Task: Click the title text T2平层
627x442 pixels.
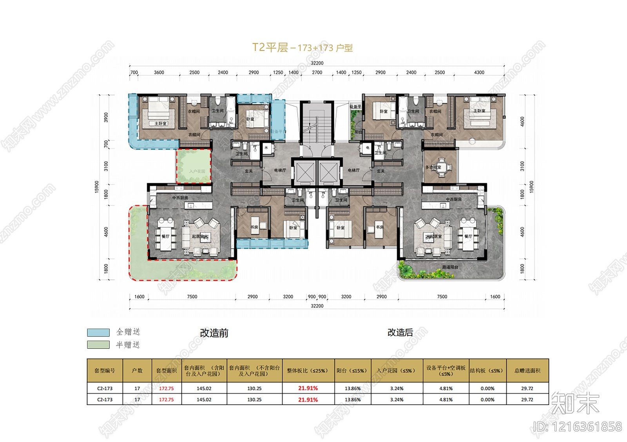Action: click(270, 47)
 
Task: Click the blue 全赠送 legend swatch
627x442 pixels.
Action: click(98, 332)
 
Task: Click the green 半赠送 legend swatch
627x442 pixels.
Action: click(98, 345)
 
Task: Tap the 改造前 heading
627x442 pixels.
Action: click(214, 333)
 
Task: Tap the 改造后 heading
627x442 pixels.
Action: click(400, 333)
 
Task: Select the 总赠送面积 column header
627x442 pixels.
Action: click(527, 371)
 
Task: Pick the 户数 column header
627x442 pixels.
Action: click(137, 371)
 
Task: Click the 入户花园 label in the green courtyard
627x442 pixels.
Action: click(197, 171)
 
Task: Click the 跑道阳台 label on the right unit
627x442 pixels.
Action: click(450, 267)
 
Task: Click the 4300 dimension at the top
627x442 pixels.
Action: click(479, 73)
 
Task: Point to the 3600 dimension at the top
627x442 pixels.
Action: click(159, 73)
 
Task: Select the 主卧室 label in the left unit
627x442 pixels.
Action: click(160, 124)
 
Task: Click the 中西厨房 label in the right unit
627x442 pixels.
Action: click(453, 199)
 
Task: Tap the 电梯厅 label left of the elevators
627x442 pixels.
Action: click(280, 170)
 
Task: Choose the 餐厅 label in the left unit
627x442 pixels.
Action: click(165, 236)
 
